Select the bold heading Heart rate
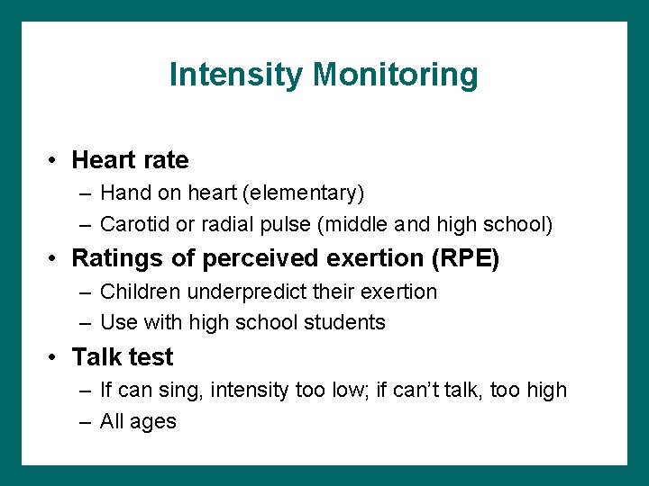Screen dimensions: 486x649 point(130,160)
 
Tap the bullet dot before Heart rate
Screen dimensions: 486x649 point(55,161)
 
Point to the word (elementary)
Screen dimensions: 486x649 point(309,193)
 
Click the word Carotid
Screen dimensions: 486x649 point(133,223)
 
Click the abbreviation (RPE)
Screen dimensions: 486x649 point(465,258)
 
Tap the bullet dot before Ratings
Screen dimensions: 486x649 point(55,259)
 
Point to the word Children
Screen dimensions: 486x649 point(137,292)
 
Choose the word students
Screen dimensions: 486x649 point(349,322)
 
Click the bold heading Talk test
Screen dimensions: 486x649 point(122,357)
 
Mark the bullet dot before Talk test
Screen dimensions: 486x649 point(55,358)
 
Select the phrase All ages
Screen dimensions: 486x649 point(138,421)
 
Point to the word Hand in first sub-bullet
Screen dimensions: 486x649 point(121,193)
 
